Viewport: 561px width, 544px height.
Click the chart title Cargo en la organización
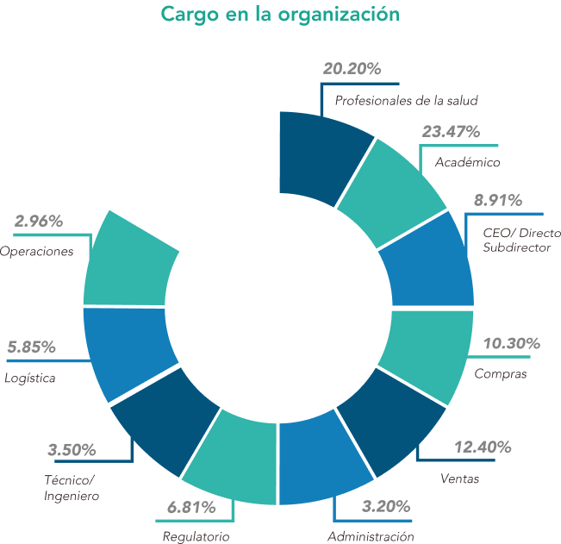pyautogui.click(x=279, y=16)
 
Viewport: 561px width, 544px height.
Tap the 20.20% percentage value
pyautogui.click(x=352, y=70)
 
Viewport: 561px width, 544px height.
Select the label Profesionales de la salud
pyautogui.click(x=406, y=101)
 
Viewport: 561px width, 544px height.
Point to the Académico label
pyautogui.click(x=467, y=162)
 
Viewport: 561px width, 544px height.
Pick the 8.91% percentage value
pyautogui.click(x=497, y=201)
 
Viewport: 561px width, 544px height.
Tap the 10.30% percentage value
pyautogui.click(x=511, y=344)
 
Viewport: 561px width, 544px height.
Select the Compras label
pyautogui.click(x=500, y=374)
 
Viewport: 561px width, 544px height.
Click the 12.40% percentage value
pyautogui.click(x=483, y=447)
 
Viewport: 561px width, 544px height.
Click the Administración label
pyautogui.click(x=371, y=536)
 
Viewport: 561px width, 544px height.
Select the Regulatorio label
pyautogui.click(x=196, y=536)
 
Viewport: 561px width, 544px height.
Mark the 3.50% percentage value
pyautogui.click(x=72, y=450)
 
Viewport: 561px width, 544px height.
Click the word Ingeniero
pyautogui.click(x=72, y=496)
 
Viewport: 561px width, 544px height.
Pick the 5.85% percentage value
pyautogui.click(x=31, y=347)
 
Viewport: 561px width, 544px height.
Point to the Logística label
pyautogui.click(x=30, y=378)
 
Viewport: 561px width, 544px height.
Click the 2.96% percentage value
pyautogui.click(x=39, y=222)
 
